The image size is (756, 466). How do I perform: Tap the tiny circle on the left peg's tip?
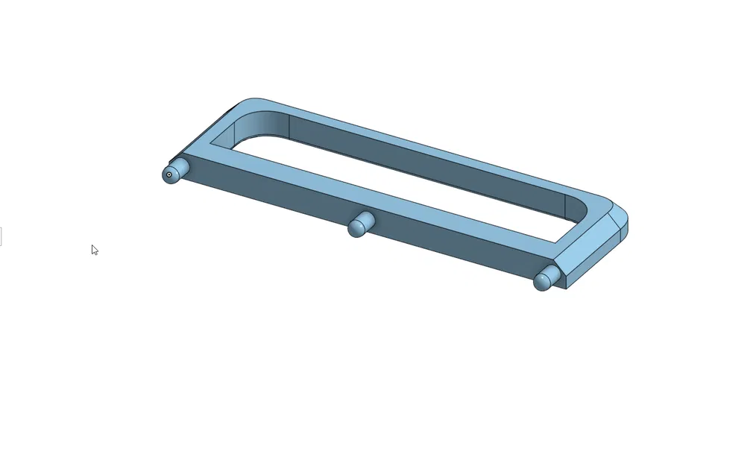pyautogui.click(x=169, y=175)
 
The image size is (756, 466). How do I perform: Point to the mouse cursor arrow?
pyautogui.click(x=94, y=250)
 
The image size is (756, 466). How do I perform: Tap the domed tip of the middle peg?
pyautogui.click(x=356, y=229)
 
